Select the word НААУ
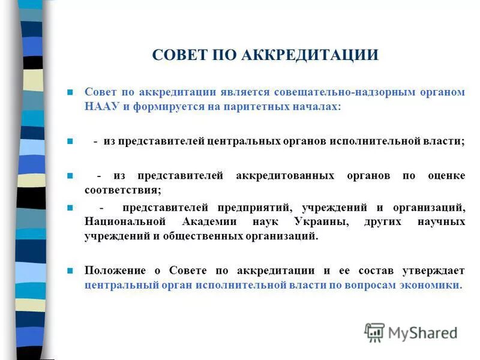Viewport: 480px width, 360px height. pos(100,106)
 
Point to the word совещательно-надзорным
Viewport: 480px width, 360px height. pos(329,93)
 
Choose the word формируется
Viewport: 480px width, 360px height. pos(163,106)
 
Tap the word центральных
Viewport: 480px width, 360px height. pos(244,142)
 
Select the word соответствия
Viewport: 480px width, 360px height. pos(122,190)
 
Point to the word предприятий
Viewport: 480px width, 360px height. pos(250,208)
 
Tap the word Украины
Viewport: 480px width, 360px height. pos(321,221)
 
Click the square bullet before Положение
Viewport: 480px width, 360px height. pos(70,271)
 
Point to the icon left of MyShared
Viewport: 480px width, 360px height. pos(374,332)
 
